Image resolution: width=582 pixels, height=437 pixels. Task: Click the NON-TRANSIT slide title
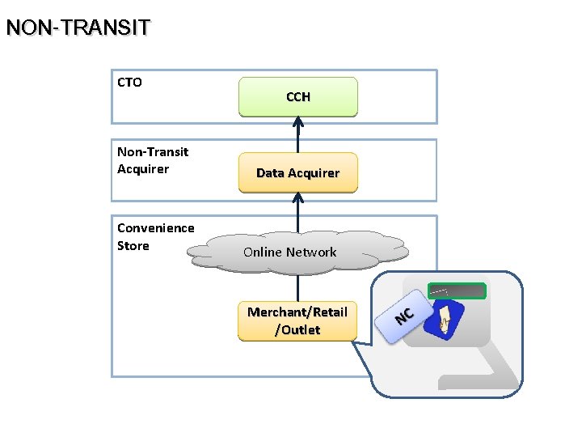[78, 28]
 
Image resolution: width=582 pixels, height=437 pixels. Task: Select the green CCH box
[297, 97]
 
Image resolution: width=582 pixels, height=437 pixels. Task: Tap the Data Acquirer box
[297, 172]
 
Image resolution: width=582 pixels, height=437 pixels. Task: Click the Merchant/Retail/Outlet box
[297, 320]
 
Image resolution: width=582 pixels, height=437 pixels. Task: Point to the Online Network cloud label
[289, 252]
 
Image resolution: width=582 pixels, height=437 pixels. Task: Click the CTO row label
[129, 82]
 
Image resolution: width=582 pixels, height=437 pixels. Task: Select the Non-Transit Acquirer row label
[153, 160]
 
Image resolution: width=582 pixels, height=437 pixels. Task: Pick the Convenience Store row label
[155, 236]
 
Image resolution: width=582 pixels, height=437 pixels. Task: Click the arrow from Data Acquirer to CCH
[297, 135]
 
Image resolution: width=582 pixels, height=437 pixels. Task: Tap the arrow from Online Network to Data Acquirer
[297, 212]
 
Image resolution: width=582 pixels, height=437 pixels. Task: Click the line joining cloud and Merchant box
[297, 287]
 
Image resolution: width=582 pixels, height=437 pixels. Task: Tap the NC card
[404, 315]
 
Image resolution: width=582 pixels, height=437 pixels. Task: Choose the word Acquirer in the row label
[143, 169]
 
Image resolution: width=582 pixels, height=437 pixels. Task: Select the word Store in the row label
[133, 245]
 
